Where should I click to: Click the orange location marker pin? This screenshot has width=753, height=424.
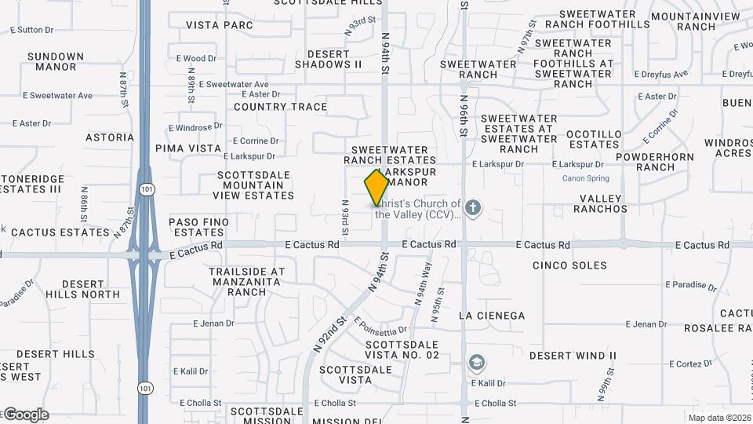tap(376, 187)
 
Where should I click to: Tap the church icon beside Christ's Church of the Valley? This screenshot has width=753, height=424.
tap(472, 208)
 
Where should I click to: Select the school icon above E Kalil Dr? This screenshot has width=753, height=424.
tap(475, 363)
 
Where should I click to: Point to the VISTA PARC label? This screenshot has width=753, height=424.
tap(220, 25)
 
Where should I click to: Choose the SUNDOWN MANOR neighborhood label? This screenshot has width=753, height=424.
tap(55, 61)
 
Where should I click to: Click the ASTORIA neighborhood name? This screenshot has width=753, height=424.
tap(110, 137)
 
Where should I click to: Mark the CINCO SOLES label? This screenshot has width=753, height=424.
tap(569, 265)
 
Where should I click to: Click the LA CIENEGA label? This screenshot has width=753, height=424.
tap(491, 316)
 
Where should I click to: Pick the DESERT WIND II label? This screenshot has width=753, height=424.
tap(573, 356)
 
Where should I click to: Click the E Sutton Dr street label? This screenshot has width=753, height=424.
tap(32, 30)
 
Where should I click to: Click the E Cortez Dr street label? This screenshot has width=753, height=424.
tap(690, 364)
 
